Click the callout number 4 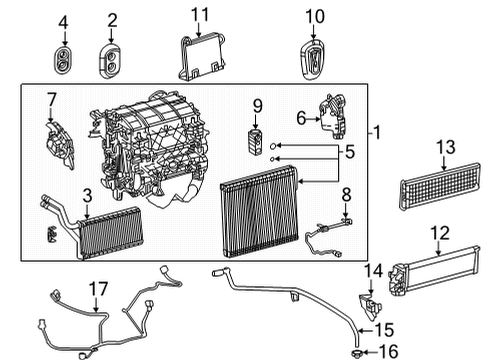(64, 21)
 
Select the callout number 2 (112, 19)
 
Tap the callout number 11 (200, 14)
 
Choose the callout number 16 (389, 351)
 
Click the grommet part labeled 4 (65, 58)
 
